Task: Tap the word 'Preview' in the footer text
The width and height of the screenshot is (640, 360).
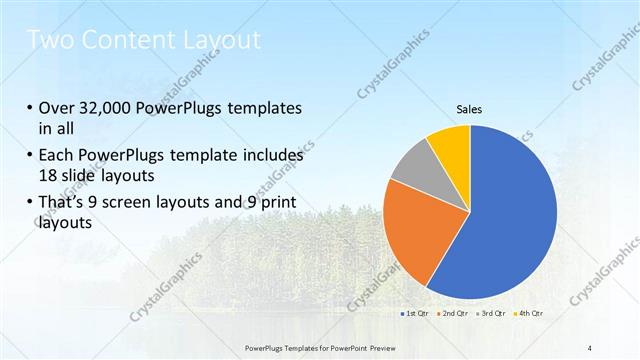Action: click(x=379, y=347)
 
